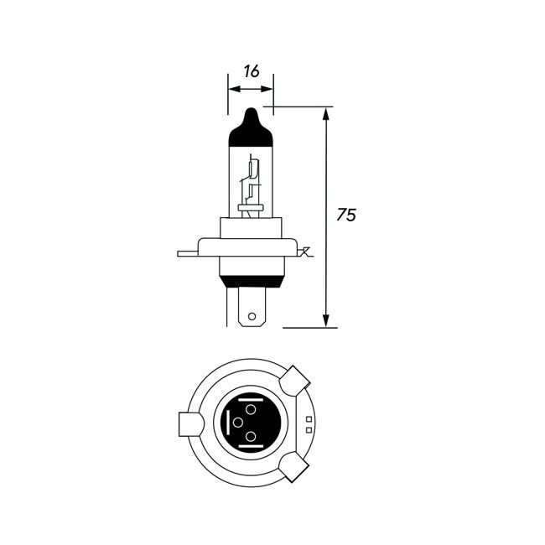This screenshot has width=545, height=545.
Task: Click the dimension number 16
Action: point(251,72)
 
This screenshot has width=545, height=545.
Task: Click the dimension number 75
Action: point(346,215)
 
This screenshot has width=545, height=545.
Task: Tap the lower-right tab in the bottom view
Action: point(298,465)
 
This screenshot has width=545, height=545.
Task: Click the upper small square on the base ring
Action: point(309,418)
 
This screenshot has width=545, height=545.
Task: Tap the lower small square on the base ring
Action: point(309,429)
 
